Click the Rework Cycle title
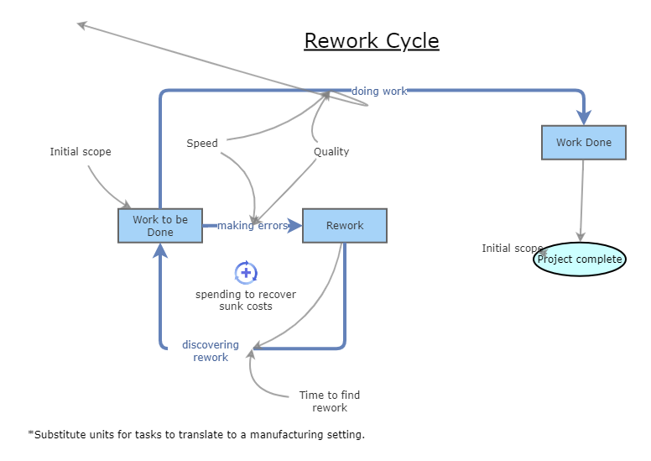click(371, 40)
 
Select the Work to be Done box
click(160, 226)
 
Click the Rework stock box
click(345, 226)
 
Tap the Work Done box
click(584, 142)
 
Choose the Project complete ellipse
click(580, 259)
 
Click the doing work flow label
click(379, 91)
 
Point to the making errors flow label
click(253, 226)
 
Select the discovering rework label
click(211, 351)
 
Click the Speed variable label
click(202, 144)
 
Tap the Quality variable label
click(331, 152)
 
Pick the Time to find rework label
click(330, 401)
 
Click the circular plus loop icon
click(246, 272)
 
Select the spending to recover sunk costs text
click(246, 301)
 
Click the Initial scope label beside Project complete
click(510, 249)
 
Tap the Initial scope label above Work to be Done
click(81, 152)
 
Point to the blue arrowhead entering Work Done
click(584, 117)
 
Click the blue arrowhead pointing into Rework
click(294, 226)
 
